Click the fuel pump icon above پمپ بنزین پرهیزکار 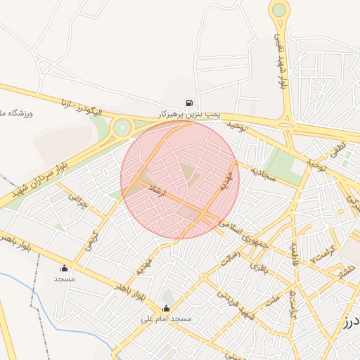tap(189, 103)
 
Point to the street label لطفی tap(337, 149)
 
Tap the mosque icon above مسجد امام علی tap(166, 308)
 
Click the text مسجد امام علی tap(167, 319)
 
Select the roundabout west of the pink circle tap(123, 127)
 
